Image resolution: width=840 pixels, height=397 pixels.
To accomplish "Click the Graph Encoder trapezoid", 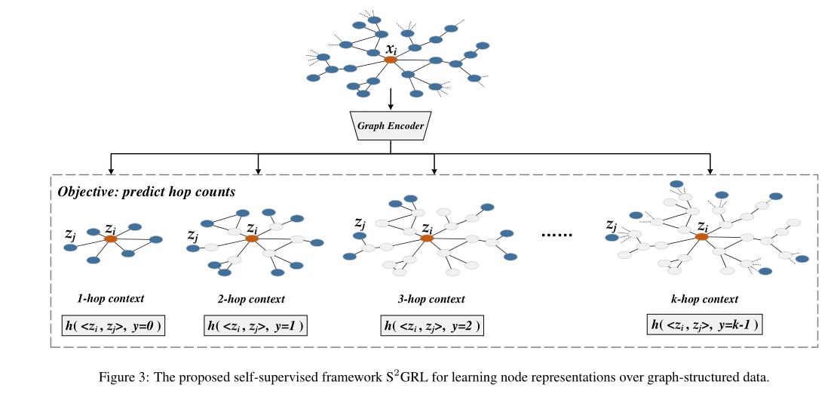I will click(x=391, y=125).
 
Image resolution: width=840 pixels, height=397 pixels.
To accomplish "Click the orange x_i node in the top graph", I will click(x=391, y=60).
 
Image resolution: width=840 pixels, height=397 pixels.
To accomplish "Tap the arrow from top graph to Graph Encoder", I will click(x=391, y=99).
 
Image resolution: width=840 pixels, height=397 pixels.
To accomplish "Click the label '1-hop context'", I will click(x=111, y=299).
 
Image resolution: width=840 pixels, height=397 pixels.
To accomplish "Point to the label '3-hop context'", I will click(x=431, y=299).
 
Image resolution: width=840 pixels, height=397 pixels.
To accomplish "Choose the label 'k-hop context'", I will click(x=704, y=299).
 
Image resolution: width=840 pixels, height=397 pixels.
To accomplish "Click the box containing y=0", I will click(x=112, y=326).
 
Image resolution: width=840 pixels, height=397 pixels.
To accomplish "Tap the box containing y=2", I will click(x=432, y=326).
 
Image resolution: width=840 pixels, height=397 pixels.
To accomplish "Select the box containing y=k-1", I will click(x=704, y=326).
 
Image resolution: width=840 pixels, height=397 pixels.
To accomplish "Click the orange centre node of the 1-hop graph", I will click(x=111, y=239).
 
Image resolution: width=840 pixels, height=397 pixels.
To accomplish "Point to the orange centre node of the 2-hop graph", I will click(x=253, y=239).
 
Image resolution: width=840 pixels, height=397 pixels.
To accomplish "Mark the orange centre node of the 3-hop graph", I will click(x=427, y=239).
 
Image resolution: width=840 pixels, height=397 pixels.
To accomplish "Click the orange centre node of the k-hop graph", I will click(x=702, y=237).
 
